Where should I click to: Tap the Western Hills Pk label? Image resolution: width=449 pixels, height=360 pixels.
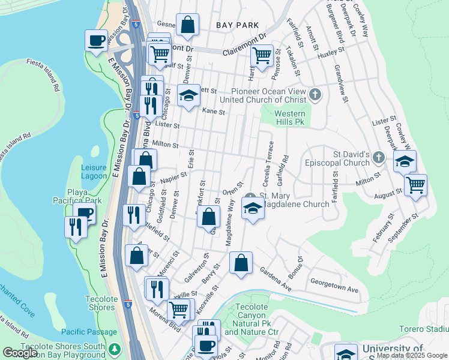coord(290,118)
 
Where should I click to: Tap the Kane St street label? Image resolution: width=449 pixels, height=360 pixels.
coord(213,112)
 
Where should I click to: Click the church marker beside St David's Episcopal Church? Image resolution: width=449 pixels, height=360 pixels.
coord(378,158)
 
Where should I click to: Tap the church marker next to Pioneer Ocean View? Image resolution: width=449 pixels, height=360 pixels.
coord(316,95)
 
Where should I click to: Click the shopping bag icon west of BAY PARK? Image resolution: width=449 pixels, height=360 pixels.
coord(187,25)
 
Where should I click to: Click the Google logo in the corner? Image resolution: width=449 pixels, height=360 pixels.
coord(20,353)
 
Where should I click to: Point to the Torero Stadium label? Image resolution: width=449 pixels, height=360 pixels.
coord(424,329)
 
